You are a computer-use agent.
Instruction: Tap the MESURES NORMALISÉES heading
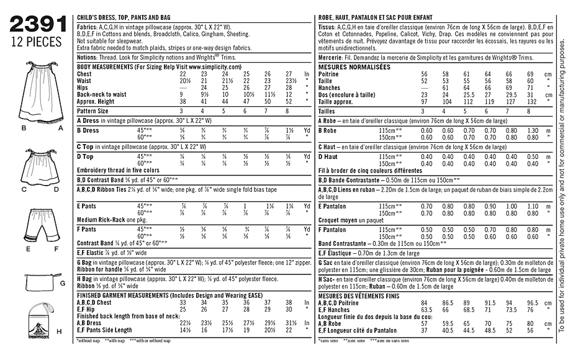coord(354,66)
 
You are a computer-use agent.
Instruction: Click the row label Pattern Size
coord(92,110)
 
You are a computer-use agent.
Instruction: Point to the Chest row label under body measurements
coord(84,73)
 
